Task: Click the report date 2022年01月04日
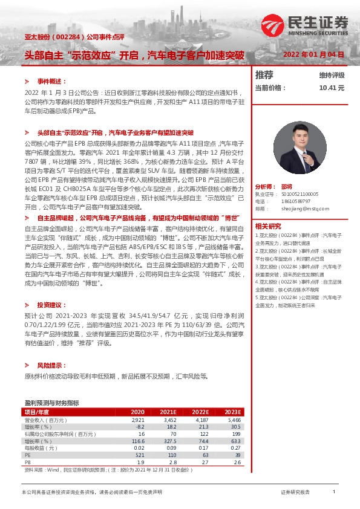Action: coord(313,54)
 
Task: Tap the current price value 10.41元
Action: coord(331,88)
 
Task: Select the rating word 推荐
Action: coord(264,75)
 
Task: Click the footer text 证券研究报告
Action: coord(295,492)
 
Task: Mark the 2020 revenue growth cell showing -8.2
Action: coord(138,426)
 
